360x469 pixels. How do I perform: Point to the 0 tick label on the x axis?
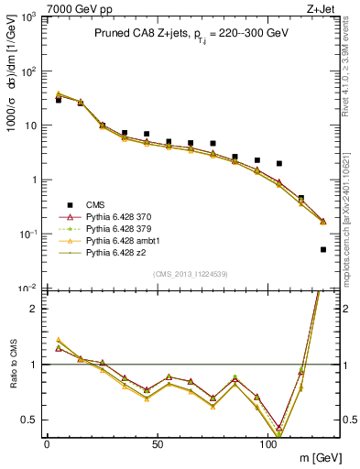point(47,442)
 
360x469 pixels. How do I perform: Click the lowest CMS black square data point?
point(323,249)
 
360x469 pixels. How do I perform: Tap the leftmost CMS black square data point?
point(59,100)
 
